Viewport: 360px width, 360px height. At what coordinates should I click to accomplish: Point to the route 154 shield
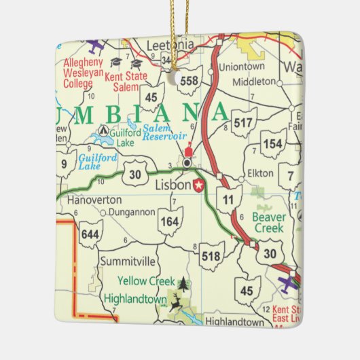click(x=273, y=144)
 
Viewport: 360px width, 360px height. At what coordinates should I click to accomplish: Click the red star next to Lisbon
click(x=199, y=185)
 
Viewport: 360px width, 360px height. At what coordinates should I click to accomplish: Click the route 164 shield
click(x=170, y=221)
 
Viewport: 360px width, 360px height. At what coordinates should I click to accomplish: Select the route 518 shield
click(x=211, y=255)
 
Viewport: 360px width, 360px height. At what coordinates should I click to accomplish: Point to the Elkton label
click(x=261, y=173)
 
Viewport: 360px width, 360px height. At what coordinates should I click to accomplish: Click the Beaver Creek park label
click(x=270, y=223)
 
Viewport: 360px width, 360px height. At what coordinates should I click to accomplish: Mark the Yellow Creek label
click(x=146, y=280)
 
